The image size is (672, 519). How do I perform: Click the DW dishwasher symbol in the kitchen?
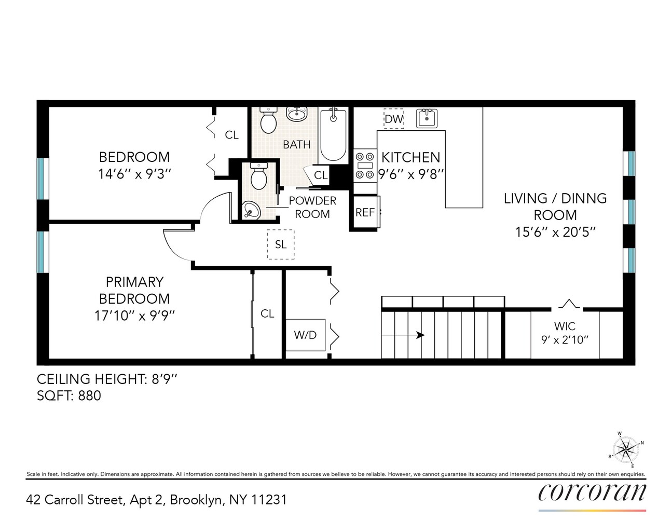point(393,119)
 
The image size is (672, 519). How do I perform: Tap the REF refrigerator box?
point(365,212)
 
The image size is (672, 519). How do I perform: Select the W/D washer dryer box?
point(305,335)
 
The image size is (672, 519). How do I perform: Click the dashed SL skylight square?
point(280,244)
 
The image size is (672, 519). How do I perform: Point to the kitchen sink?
point(427,118)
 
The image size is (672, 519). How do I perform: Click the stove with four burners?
point(364,166)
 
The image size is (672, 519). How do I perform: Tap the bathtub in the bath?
point(333,135)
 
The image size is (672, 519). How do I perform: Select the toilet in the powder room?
point(258,176)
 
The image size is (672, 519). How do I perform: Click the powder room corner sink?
point(251,210)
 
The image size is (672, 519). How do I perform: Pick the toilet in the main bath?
point(268,120)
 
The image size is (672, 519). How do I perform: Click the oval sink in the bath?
point(297,114)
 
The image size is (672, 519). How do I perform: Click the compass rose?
point(626,449)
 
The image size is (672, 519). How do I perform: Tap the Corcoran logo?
point(592,492)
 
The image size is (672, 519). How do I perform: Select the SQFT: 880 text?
point(69,395)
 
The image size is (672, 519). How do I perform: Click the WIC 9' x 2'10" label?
point(565,333)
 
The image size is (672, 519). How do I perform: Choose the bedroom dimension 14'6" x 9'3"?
point(134,174)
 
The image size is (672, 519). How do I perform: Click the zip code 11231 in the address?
point(269,500)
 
